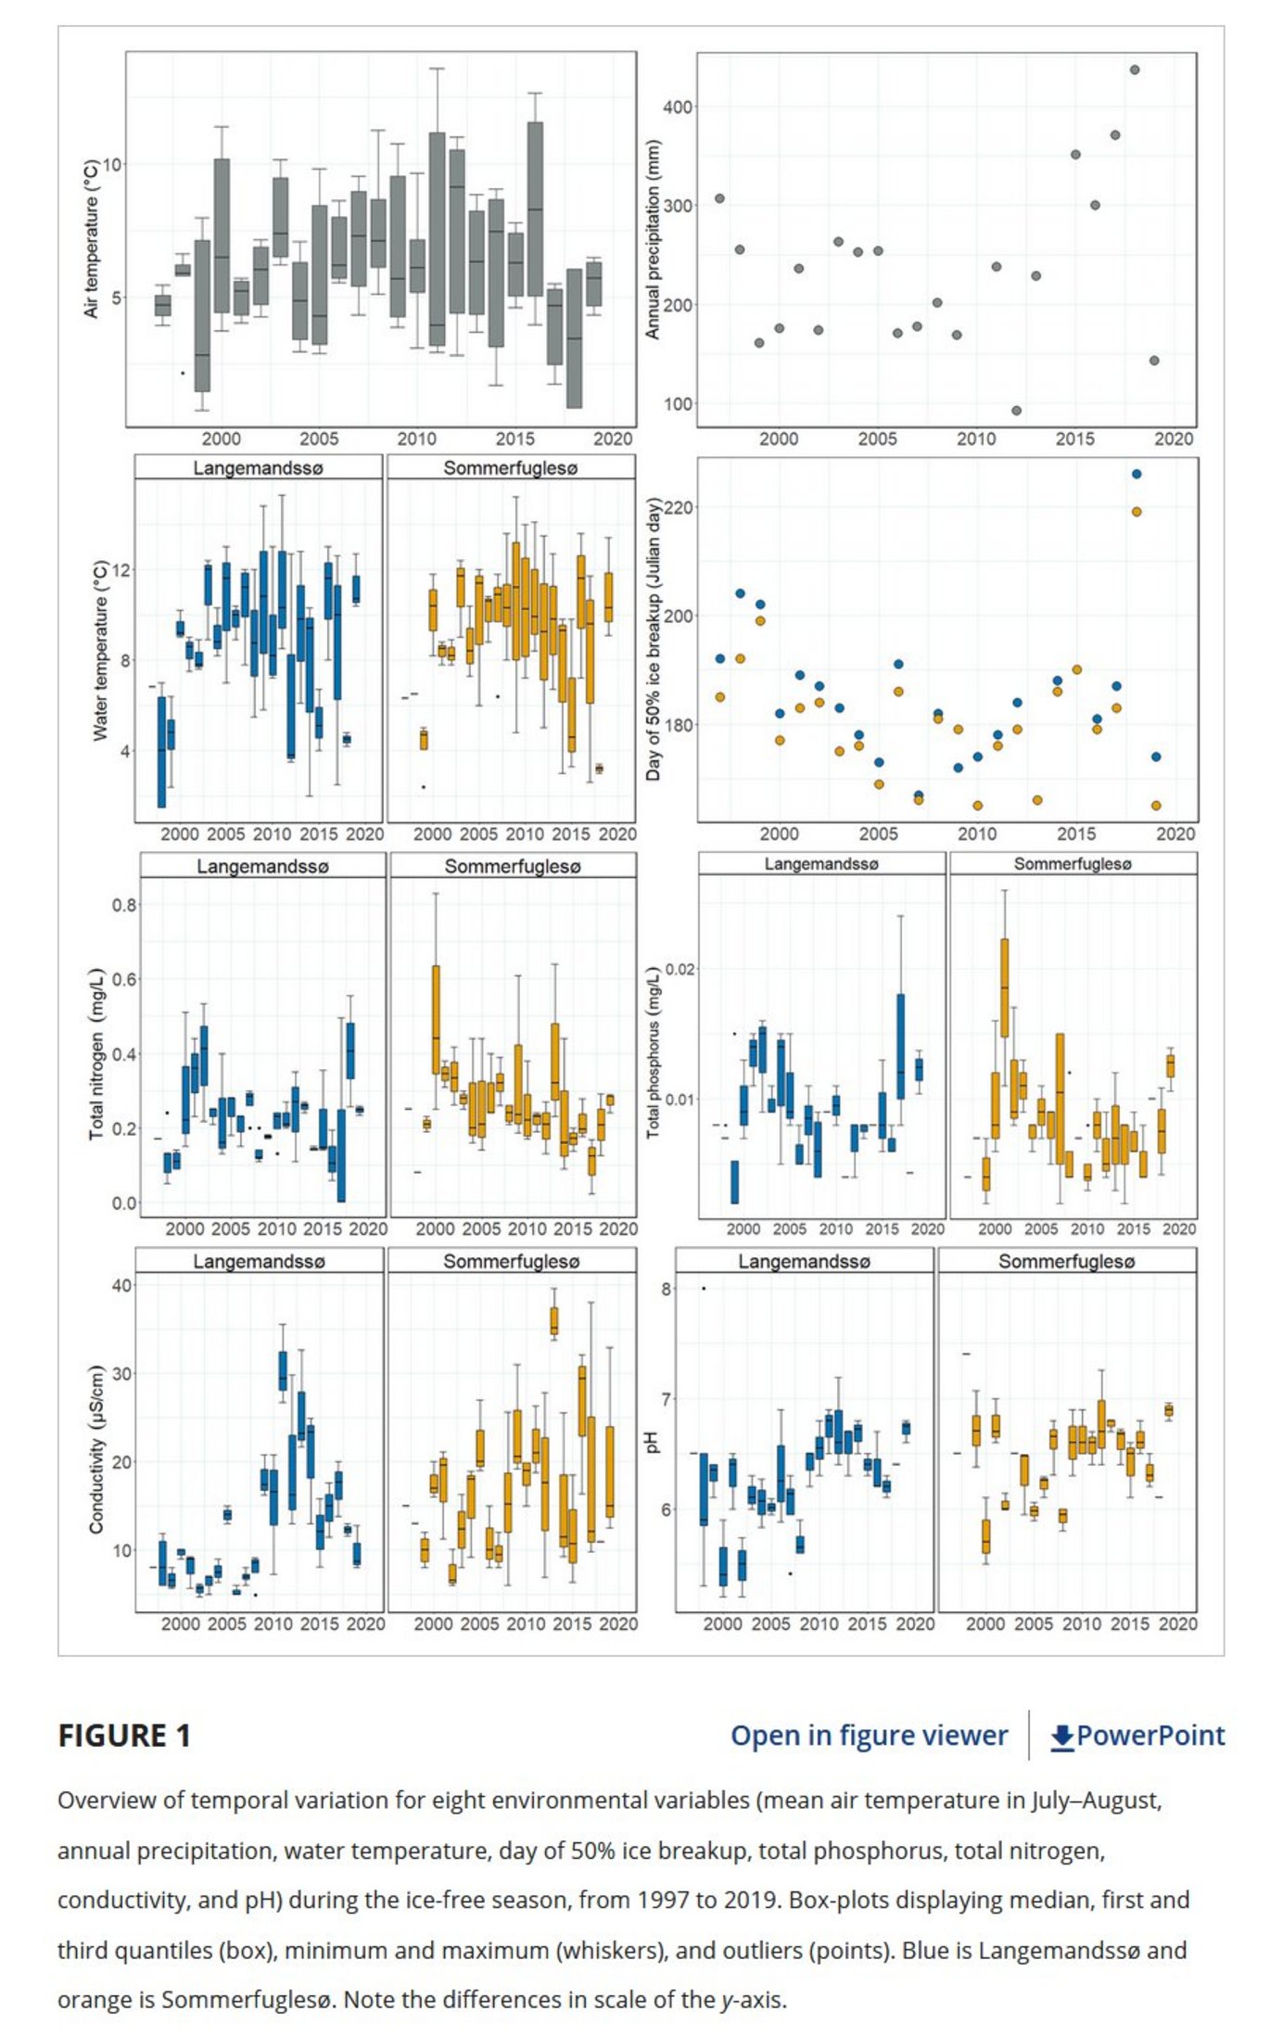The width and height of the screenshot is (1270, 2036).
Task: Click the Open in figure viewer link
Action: [868, 1735]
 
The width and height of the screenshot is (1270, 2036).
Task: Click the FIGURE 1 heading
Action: [124, 1735]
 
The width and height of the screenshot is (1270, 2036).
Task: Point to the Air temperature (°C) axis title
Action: [91, 239]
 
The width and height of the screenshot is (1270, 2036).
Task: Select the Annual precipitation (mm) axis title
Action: [653, 239]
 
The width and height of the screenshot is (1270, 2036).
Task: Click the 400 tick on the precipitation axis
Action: [678, 108]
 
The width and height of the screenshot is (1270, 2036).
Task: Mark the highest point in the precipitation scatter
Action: [1135, 70]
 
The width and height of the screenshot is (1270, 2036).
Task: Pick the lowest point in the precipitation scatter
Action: [1016, 411]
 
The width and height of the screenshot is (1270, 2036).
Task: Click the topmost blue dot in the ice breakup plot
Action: [1137, 474]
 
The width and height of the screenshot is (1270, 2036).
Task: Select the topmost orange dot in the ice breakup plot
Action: [1137, 512]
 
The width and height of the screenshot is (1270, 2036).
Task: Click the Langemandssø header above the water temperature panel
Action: [258, 468]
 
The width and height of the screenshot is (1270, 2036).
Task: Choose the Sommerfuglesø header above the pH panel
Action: [1066, 1261]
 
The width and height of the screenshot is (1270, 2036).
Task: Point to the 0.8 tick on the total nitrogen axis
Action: [124, 905]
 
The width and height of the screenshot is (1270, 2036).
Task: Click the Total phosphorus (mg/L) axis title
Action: [654, 1052]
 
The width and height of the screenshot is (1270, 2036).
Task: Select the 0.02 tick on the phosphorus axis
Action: [679, 970]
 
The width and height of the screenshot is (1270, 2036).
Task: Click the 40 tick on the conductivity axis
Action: [121, 1286]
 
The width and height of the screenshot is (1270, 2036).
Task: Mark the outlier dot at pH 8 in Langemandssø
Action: [704, 1288]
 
